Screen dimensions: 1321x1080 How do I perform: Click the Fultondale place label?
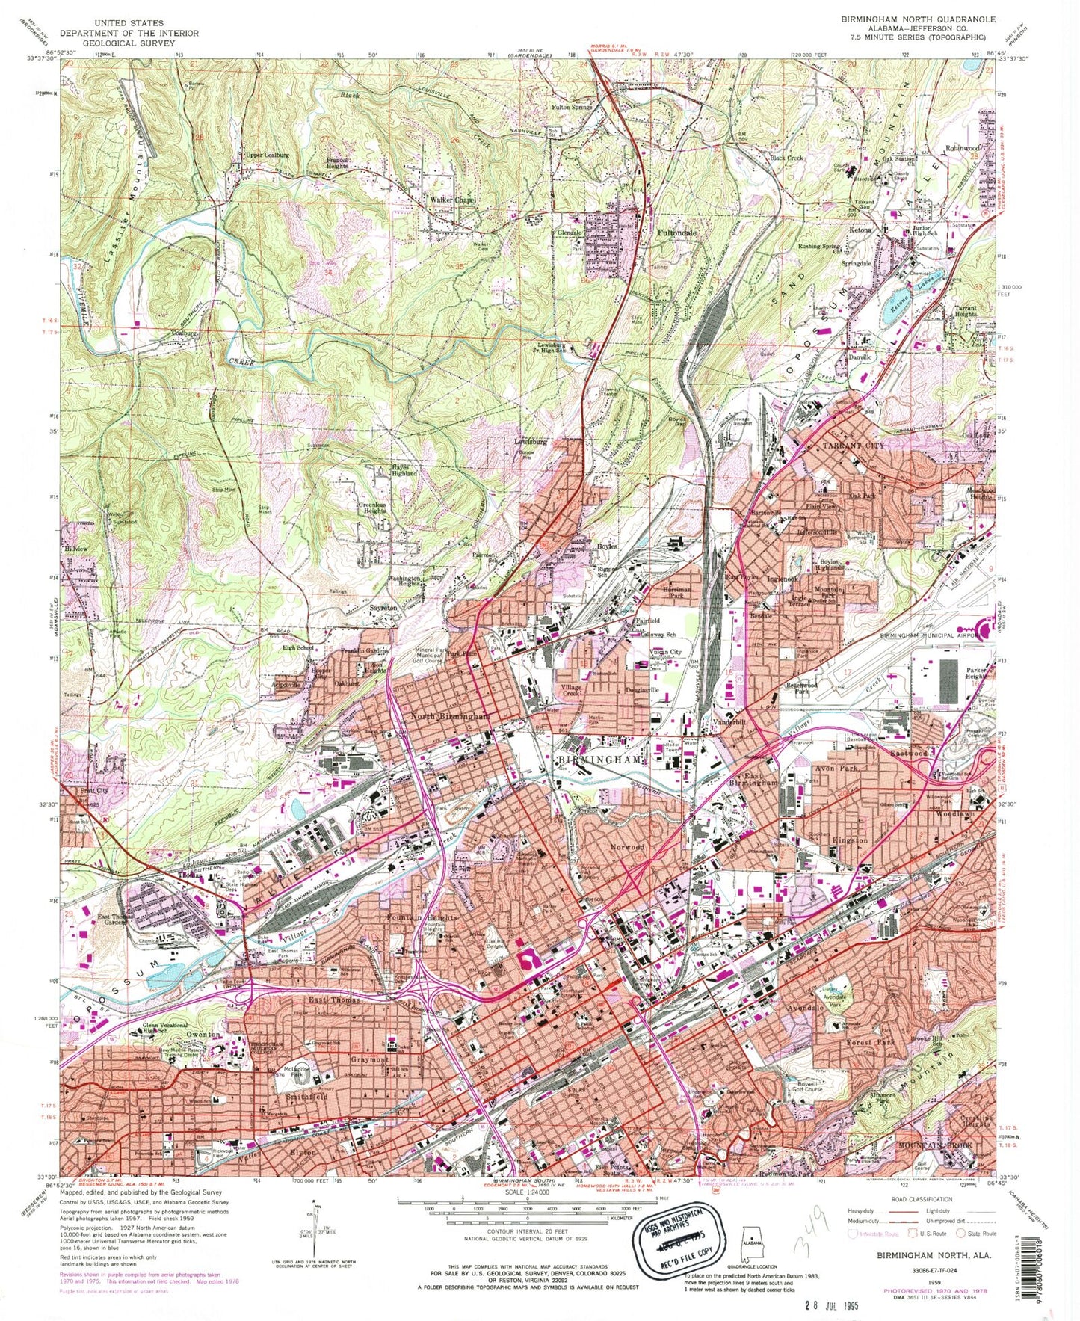pyautogui.click(x=676, y=233)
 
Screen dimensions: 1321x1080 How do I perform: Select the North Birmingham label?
pyautogui.click(x=450, y=716)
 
